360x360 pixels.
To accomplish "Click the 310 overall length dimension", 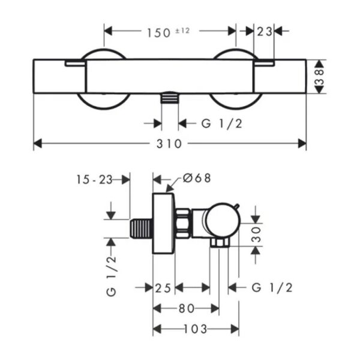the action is (169, 144).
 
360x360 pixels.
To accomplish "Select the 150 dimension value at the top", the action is (158, 32).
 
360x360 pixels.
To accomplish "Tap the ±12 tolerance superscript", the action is (182, 31).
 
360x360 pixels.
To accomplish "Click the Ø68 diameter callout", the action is (197, 178).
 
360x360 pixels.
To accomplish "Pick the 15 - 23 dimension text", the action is (94, 179).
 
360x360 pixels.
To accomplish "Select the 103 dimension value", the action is (196, 329).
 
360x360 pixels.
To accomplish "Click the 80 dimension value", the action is (187, 308).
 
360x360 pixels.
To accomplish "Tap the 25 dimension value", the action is (163, 288).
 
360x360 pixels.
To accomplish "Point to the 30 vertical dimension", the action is (256, 235).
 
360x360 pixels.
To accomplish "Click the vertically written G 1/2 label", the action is (112, 276).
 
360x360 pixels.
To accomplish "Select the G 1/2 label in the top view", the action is (222, 124).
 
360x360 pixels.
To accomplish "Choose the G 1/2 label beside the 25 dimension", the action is (272, 287).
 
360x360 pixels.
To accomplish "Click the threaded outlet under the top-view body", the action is (170, 98).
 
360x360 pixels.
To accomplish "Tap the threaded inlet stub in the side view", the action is (141, 229).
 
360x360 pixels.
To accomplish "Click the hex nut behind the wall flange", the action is (183, 223).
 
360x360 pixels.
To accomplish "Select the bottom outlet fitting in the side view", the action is (220, 242).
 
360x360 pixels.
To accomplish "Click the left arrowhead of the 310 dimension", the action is (38, 143).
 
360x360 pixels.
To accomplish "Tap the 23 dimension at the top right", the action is (264, 32).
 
